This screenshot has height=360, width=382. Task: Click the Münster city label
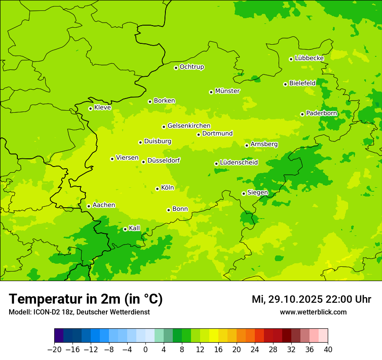coord(227,91)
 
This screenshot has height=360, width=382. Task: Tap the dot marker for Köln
coord(157,189)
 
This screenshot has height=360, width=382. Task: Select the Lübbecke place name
coord(309,58)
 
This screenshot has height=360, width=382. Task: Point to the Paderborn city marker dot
coord(302,114)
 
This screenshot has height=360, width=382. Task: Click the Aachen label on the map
coord(104,205)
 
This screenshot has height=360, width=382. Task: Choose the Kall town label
coord(135,228)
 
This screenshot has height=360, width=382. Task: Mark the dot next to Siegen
coord(244,193)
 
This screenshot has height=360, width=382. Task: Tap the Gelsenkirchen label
coord(189,126)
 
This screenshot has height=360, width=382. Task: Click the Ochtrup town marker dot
coord(176,68)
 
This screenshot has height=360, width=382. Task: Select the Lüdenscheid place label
coord(239,163)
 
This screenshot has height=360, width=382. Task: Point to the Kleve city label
coord(102,108)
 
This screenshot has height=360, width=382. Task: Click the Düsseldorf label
coord(164,160)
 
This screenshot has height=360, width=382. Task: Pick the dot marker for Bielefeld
coord(285,84)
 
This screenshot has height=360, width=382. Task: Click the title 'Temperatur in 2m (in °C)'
coord(86,299)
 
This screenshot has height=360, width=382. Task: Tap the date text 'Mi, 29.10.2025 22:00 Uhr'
coord(311,299)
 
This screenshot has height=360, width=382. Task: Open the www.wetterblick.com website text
coord(313,312)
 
